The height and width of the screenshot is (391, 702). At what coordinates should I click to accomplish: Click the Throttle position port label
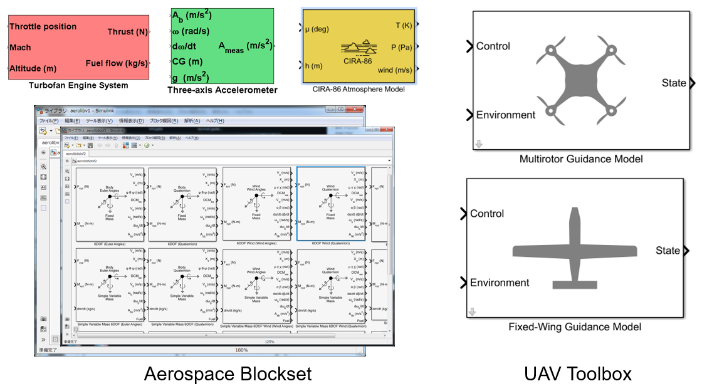tap(43, 27)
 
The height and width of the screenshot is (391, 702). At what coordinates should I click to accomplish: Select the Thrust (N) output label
tap(127, 32)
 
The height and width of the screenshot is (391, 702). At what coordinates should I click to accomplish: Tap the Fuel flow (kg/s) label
tap(117, 63)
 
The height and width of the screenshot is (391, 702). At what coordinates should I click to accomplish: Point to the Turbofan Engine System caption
tap(78, 85)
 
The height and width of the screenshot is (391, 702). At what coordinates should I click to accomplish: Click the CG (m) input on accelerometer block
tap(187, 61)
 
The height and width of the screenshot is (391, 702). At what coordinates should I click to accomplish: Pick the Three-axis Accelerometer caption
tap(222, 90)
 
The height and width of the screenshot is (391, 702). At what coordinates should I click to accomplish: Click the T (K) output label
tap(403, 25)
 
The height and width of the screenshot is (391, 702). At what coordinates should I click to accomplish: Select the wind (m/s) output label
tap(395, 70)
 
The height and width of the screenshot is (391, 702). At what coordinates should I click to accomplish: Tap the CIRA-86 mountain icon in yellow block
tap(359, 48)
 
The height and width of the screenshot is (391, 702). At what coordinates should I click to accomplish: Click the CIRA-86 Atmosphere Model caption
tap(359, 89)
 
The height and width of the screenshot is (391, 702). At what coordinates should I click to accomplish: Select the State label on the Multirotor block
tap(674, 83)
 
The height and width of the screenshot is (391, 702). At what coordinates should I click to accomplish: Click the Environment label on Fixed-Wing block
tap(500, 283)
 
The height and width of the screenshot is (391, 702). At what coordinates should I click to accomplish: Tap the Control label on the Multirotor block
tap(493, 46)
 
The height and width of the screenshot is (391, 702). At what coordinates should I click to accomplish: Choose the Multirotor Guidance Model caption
tap(581, 159)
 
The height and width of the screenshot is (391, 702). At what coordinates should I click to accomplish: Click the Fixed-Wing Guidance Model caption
tap(575, 326)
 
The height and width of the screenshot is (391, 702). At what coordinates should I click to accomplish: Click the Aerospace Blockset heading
tap(228, 374)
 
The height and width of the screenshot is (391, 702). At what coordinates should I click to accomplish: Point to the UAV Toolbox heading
tap(578, 374)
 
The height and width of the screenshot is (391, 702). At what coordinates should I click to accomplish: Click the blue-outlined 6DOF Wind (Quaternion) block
tap(330, 204)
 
